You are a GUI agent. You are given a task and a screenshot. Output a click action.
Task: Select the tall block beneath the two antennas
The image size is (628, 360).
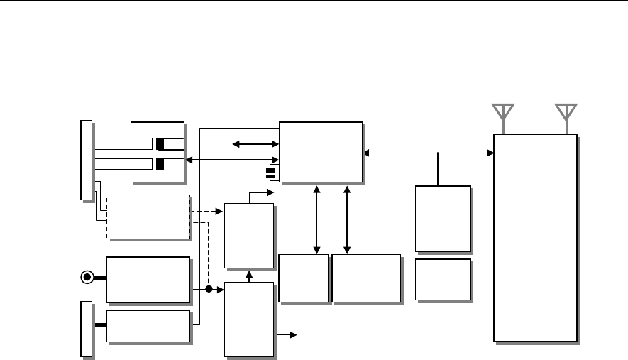535,237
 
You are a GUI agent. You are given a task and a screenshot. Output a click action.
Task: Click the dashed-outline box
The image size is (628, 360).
148,217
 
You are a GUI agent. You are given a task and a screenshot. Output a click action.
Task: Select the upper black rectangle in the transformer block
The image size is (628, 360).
160,144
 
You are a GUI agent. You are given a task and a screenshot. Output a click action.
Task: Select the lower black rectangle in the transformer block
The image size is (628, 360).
160,165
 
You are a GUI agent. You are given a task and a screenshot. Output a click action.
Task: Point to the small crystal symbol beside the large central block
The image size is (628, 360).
270,173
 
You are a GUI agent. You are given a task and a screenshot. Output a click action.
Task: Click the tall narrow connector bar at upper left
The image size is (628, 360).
86,160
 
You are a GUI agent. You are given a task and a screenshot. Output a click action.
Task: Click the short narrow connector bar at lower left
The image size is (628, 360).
86,328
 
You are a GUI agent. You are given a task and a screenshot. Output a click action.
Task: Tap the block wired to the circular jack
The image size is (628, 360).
148,278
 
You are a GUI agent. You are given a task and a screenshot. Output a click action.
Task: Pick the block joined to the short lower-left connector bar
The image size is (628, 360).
148,326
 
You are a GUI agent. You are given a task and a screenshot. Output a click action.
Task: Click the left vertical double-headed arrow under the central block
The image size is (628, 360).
316,219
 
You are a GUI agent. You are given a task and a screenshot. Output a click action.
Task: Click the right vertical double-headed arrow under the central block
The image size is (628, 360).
347,219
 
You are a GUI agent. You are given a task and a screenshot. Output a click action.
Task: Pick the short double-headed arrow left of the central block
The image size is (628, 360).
255,145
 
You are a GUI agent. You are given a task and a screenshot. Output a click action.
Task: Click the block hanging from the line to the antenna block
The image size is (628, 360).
443,219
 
